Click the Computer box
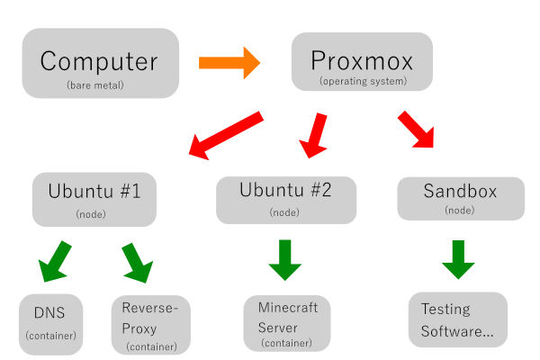(99, 63)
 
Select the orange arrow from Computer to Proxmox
(229, 63)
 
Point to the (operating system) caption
(363, 82)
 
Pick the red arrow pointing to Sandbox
(417, 129)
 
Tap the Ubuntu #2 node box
(286, 199)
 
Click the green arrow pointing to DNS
(54, 260)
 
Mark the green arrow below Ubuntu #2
(285, 259)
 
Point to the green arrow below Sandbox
(458, 259)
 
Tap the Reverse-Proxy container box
(151, 324)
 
